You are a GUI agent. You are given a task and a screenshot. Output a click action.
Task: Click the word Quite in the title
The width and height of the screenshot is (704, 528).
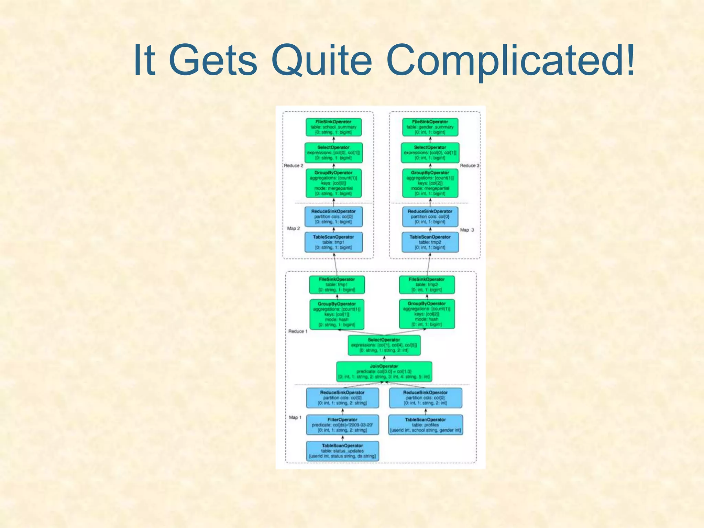coord(321,60)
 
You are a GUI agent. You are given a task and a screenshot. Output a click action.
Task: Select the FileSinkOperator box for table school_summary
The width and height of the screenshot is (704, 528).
coord(333,127)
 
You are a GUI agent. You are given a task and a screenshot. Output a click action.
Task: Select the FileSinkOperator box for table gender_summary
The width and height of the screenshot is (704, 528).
coord(430,127)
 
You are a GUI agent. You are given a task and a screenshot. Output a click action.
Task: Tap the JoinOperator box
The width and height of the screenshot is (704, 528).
coord(384,372)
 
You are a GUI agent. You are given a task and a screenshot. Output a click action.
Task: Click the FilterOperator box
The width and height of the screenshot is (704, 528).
coord(342,425)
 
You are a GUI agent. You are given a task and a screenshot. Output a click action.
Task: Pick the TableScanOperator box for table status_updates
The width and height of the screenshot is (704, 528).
coord(342,451)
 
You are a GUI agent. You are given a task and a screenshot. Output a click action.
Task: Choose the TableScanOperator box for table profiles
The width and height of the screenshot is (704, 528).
coord(425,425)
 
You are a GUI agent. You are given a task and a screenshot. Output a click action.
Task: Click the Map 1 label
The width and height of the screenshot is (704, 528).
coord(295,417)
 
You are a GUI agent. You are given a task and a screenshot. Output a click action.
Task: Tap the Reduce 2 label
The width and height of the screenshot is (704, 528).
coord(294,165)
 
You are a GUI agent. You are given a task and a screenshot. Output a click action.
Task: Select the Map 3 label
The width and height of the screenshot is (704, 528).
coord(467,230)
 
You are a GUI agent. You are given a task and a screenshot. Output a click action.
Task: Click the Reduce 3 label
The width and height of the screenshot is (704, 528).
coord(469,165)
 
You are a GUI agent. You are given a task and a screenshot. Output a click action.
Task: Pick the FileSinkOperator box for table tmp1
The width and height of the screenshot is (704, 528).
coord(337,285)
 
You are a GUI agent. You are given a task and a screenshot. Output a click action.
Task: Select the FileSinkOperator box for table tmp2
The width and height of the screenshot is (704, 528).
coord(427,285)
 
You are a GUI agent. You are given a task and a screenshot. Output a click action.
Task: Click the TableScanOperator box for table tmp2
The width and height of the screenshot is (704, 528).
coord(430,242)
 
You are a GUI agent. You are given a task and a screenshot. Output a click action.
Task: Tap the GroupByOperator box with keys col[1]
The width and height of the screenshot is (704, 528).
coord(337,314)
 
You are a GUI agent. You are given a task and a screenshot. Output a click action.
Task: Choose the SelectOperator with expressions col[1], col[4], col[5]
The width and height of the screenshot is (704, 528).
coord(384,345)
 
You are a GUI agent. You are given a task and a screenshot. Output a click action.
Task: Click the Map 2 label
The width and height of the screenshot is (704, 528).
coord(294,228)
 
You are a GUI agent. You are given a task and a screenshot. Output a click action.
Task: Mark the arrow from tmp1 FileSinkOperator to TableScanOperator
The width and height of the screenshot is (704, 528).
coord(335,264)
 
